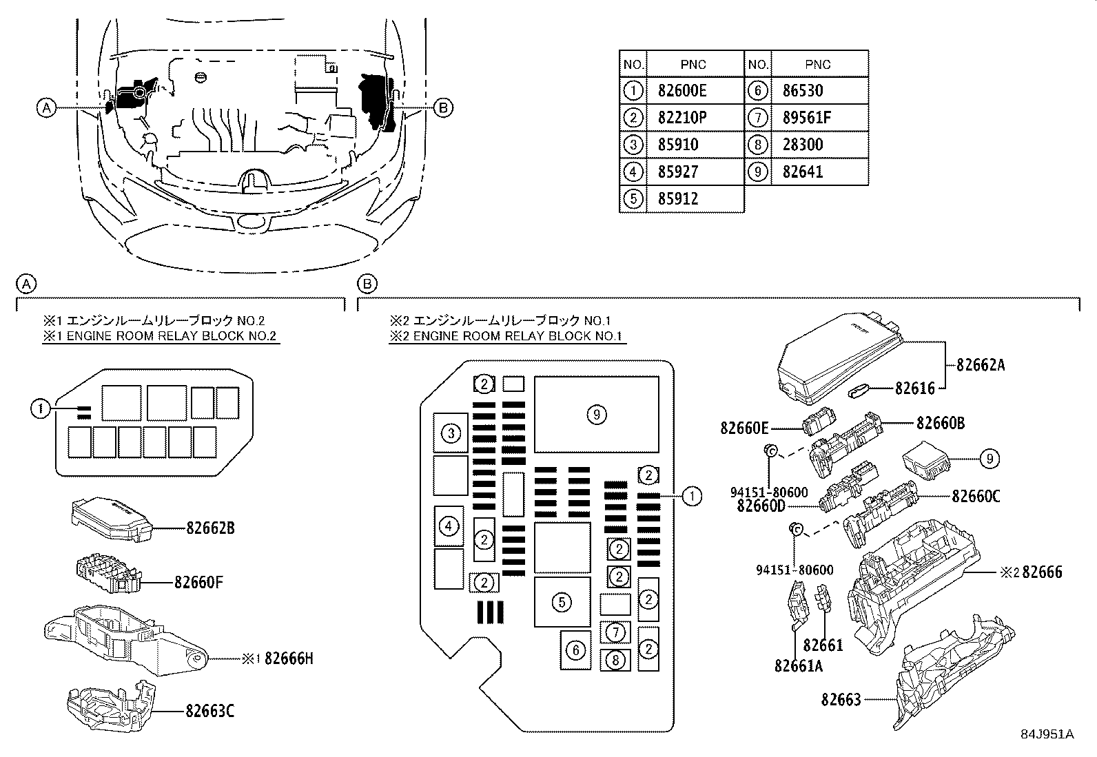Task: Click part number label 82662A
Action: coord(981,365)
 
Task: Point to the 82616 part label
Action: coord(915,388)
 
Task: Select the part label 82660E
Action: coord(744,428)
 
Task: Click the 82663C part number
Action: coord(209,710)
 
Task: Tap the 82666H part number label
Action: coord(289,659)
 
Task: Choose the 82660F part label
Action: coord(199,582)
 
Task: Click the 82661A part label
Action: coord(799,666)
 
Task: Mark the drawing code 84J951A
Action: coord(1047,734)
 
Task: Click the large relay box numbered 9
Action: coord(597,414)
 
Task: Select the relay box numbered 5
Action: coord(562,602)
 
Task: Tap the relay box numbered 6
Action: coord(576,650)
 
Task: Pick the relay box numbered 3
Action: coord(451,433)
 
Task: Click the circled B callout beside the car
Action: coord(443,107)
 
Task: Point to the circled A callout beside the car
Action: coord(47,107)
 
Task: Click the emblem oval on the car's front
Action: coord(253,222)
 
